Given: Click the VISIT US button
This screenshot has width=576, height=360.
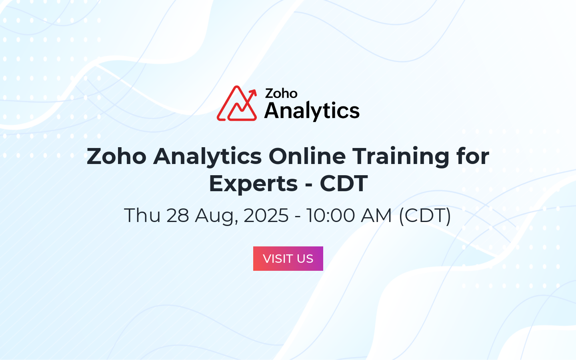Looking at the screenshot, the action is point(288,258).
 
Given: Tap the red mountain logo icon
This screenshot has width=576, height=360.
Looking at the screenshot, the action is point(237,103).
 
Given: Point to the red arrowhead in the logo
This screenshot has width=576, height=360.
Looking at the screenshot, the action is point(253,92).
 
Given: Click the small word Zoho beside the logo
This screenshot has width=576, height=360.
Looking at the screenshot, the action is point(281,93).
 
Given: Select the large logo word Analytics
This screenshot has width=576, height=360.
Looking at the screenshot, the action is point(312,111).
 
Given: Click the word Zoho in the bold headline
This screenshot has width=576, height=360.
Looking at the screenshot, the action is point(116,156).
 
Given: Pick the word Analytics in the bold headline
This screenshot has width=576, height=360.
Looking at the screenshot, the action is point(207,157).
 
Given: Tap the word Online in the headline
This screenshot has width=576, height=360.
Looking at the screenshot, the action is point(307,156).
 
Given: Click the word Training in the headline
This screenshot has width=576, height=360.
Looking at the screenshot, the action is point(401,157).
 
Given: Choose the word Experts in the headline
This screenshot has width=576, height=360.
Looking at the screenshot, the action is point(253,184).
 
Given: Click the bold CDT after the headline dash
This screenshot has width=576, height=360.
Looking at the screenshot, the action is point(344,184).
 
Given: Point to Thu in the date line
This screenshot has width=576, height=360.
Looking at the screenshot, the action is point(142,215).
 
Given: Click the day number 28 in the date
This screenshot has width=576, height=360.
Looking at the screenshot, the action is point(178,215).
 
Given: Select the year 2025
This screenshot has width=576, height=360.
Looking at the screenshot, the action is point(266,215).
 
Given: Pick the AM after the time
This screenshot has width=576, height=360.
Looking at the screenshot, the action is point(376,215).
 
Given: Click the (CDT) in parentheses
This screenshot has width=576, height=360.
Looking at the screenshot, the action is point(425,216).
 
